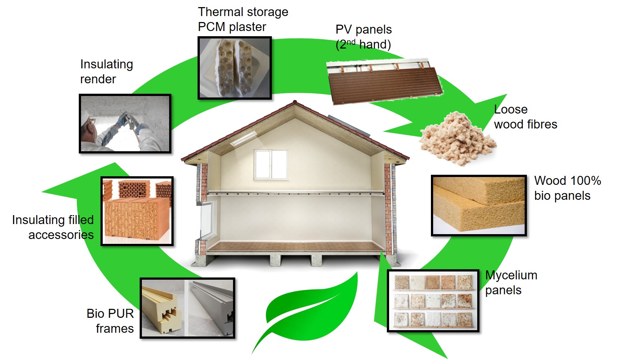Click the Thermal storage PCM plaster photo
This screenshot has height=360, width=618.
234,68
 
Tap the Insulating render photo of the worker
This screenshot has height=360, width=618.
125,124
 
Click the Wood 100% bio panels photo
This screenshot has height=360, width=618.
479,205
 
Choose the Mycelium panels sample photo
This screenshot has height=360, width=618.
433,301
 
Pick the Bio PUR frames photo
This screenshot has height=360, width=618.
187,308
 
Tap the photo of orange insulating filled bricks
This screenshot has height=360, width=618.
137,211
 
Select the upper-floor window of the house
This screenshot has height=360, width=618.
271,164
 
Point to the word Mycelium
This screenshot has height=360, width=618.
511,276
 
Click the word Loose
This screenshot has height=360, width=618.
510,109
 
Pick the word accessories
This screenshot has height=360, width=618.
61,235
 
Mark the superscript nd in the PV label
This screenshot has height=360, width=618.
351,41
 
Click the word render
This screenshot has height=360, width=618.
98,79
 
